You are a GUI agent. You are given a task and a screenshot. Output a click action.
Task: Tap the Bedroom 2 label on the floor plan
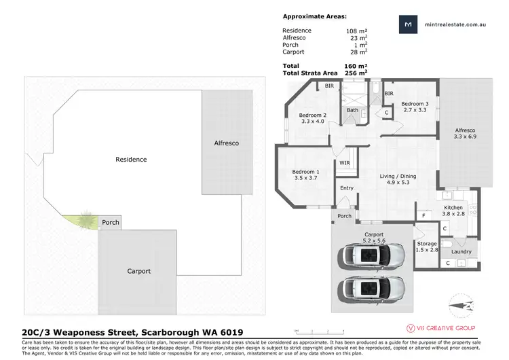(313, 115)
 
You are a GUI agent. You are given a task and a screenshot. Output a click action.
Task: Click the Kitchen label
(453, 207)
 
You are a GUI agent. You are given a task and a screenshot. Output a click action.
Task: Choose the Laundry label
(461, 252)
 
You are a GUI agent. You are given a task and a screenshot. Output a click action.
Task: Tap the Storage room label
(427, 243)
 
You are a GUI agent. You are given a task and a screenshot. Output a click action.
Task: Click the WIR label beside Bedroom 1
(345, 163)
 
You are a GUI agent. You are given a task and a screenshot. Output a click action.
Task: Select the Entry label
(347, 188)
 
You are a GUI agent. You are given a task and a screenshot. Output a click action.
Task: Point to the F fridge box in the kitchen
(423, 215)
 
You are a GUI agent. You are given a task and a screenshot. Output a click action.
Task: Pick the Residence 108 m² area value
(356, 31)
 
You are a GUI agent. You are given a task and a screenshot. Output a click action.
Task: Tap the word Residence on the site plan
(131, 160)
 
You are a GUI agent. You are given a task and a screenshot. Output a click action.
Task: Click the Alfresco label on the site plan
(226, 143)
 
